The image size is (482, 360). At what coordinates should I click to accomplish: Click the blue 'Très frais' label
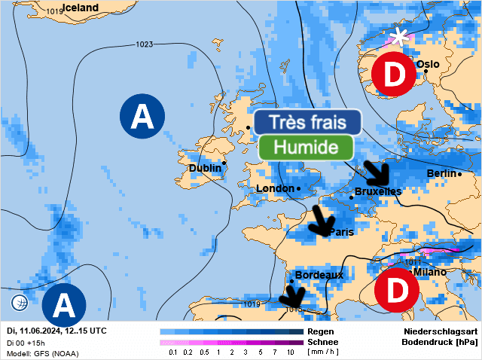(x=307, y=121)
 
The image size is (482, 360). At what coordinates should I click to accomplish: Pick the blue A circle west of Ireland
(x=142, y=116)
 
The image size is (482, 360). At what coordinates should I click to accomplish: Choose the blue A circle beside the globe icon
(x=63, y=305)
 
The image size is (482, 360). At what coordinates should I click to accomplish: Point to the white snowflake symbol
(x=400, y=37)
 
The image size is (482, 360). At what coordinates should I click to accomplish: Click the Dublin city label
(x=205, y=168)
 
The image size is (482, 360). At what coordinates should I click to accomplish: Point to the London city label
(x=275, y=188)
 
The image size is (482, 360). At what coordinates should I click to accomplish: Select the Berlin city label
(x=441, y=174)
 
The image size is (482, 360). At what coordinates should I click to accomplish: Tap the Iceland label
(x=80, y=8)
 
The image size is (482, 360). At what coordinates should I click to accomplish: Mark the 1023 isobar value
(x=145, y=44)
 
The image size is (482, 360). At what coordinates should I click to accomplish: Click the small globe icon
(x=20, y=303)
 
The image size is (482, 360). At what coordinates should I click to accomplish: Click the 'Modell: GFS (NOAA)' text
(x=41, y=352)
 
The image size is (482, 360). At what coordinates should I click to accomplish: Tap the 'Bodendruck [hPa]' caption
(x=435, y=342)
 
